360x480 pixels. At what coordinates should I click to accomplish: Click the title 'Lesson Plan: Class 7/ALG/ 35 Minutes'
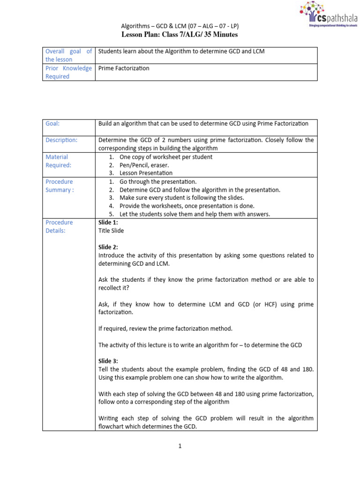tap(180, 35)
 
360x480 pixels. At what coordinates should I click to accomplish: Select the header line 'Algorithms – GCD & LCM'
tap(180, 26)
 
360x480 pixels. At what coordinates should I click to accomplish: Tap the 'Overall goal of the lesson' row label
tap(68, 55)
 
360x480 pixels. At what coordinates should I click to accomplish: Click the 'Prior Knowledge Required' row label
tap(68, 72)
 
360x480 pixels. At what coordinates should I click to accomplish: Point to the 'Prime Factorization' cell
tap(124, 68)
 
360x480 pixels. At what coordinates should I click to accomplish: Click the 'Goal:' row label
tap(52, 124)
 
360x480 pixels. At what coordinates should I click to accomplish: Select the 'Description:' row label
tap(61, 140)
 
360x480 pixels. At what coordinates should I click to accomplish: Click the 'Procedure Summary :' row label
tap(60, 186)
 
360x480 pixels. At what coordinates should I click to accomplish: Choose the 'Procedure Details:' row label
tap(59, 226)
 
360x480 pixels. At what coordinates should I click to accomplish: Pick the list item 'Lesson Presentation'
tap(146, 173)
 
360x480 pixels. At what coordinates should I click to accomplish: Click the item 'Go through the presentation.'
tap(158, 181)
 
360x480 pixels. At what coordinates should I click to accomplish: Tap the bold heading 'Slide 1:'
tap(108, 223)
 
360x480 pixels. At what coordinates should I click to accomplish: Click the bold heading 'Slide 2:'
tap(108, 247)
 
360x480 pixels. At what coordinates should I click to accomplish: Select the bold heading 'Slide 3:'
tap(108, 361)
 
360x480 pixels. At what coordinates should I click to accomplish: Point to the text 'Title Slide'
tap(111, 231)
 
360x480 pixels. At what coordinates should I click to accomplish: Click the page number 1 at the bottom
tap(180, 446)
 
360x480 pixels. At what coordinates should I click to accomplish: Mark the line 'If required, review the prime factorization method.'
tap(165, 329)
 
